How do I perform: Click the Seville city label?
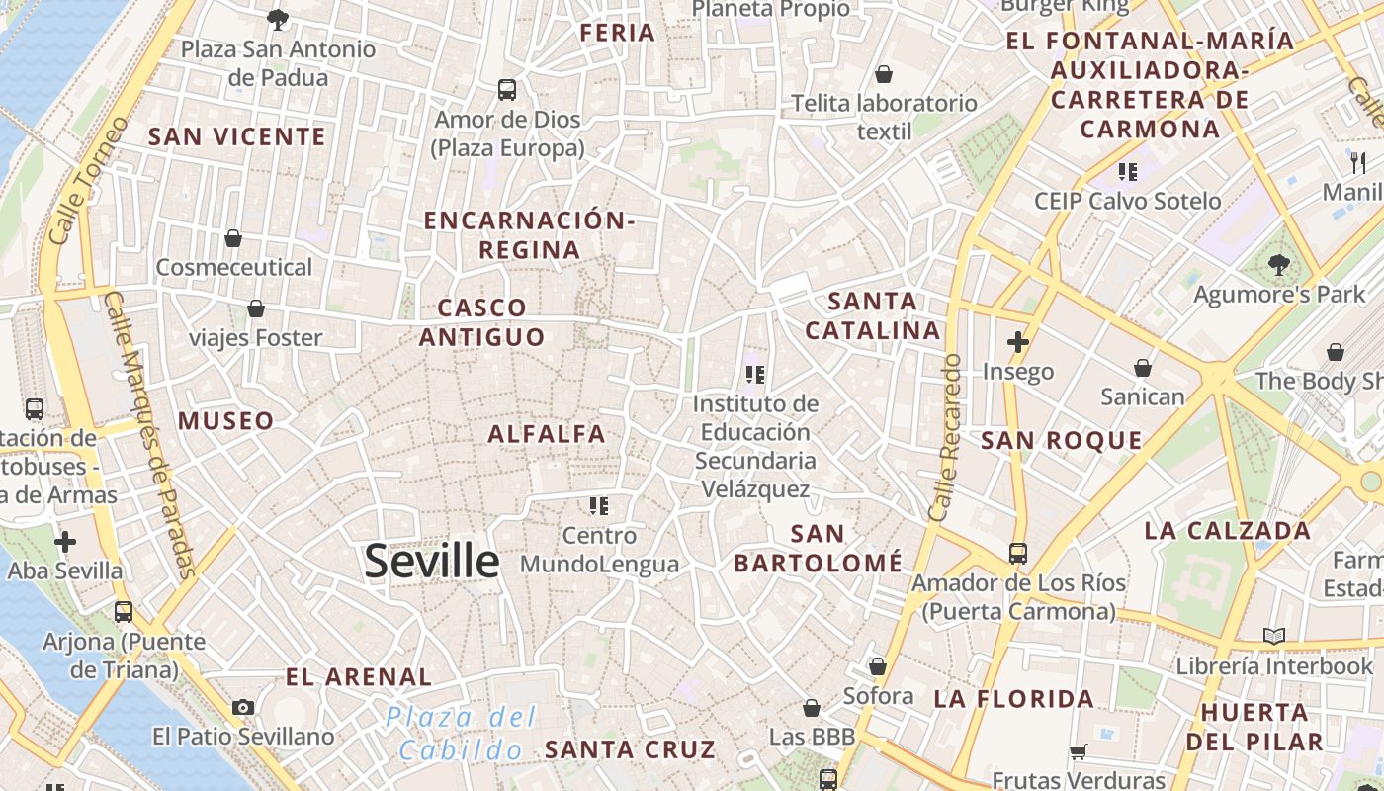[x=432, y=562]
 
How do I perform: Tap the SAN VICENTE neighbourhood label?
[x=236, y=136]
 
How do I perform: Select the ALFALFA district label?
[x=547, y=433]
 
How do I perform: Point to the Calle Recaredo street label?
[x=946, y=438]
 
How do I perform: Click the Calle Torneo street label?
[x=88, y=181]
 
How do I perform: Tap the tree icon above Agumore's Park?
[x=1280, y=264]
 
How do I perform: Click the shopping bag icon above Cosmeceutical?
[x=233, y=238]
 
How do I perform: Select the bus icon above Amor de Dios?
[x=507, y=90]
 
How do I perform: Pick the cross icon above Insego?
[x=1018, y=342]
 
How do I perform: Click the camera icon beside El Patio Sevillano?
[x=243, y=707]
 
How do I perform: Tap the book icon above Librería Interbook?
[x=1274, y=636]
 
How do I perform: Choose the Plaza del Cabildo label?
[x=462, y=733]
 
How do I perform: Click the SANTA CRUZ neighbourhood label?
[x=630, y=748]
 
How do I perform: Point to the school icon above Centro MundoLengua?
[x=598, y=506]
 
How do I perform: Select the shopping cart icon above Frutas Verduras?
[x=1079, y=751]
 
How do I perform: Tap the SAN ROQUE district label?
[x=1061, y=440]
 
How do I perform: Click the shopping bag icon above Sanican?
[x=1143, y=368]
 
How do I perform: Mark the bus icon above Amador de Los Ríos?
[x=1018, y=553]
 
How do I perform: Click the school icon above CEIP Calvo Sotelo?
[x=1127, y=172]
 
